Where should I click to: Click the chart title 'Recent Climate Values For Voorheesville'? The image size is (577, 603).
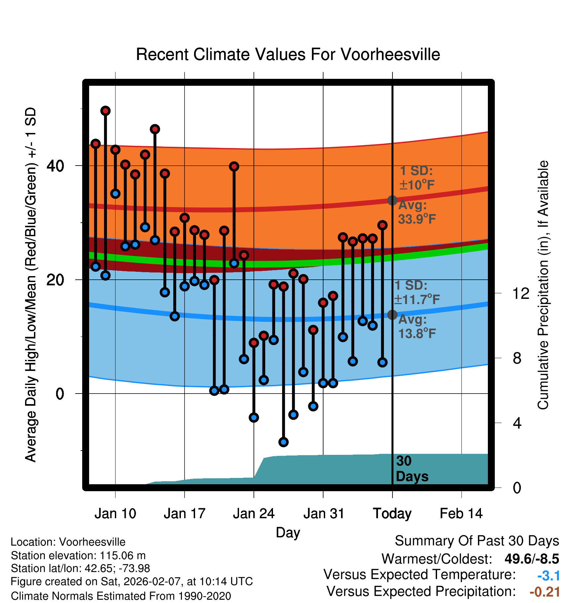288,54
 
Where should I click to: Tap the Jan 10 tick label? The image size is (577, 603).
115,514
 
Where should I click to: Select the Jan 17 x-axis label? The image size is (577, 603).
185,514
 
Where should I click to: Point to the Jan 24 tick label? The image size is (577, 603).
254,514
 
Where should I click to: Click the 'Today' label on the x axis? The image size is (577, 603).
392,514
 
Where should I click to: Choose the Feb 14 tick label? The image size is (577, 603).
461,514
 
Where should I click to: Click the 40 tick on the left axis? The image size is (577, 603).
55,166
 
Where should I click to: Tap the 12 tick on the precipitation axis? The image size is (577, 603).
521,293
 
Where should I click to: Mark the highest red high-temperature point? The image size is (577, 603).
105,111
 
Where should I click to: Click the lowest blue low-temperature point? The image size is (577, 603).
284,442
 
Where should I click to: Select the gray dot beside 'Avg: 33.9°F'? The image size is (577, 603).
392,200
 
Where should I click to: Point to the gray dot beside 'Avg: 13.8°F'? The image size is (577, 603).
392,315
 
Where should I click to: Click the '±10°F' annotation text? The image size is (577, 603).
417,185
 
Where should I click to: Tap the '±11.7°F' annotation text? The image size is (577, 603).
417,300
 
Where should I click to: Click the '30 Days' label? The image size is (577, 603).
412,469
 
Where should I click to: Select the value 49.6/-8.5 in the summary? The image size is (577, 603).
532,559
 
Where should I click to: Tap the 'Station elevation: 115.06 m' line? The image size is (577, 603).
78,556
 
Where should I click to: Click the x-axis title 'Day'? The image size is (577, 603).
288,533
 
